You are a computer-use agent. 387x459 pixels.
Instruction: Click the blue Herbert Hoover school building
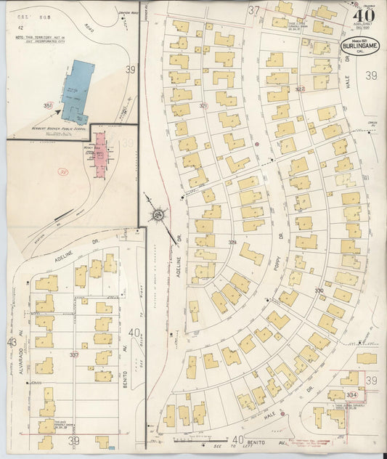click(78, 91)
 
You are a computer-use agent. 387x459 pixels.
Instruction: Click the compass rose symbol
click(157, 214)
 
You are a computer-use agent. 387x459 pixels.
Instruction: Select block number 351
click(48, 106)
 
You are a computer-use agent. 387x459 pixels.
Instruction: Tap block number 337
click(74, 354)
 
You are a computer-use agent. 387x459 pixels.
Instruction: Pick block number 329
click(232, 242)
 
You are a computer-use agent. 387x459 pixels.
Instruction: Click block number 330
click(319, 291)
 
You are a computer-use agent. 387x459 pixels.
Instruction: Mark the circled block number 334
click(351, 394)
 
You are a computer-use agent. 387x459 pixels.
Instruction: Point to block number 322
click(300, 89)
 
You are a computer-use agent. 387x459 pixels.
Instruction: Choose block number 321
click(204, 106)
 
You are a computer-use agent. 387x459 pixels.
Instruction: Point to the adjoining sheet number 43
click(11, 342)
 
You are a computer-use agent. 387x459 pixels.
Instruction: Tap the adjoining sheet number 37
click(253, 9)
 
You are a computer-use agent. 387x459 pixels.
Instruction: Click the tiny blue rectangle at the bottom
click(110, 447)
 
